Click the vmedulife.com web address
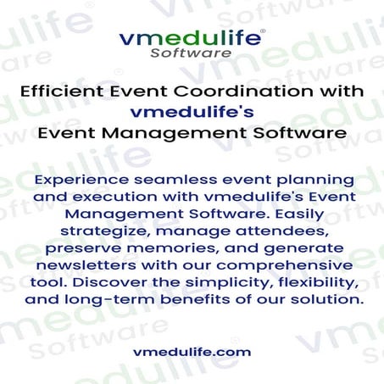(192, 351)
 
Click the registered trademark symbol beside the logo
(263, 30)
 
